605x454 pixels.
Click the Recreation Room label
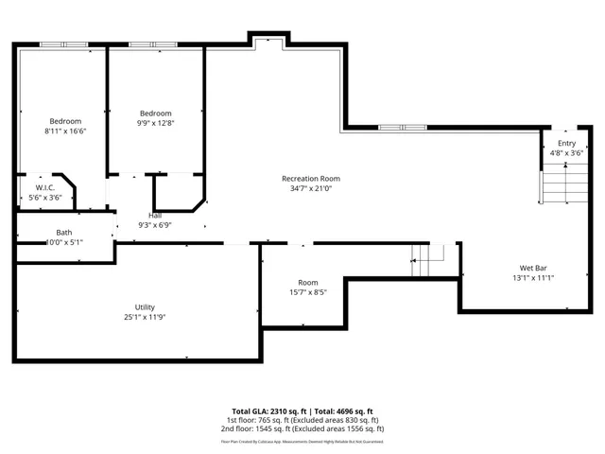click(x=310, y=178)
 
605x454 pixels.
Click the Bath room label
click(x=63, y=232)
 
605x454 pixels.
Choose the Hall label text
click(x=154, y=216)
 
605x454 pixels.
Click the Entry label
click(x=566, y=142)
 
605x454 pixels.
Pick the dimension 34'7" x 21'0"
click(x=310, y=187)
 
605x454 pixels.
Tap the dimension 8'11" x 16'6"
click(x=65, y=131)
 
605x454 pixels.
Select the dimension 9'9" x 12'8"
click(x=155, y=122)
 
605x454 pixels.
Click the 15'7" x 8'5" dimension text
click(x=307, y=292)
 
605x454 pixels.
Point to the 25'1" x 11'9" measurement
click(x=144, y=317)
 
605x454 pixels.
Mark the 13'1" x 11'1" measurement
click(x=533, y=277)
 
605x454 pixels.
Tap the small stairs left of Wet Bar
click(x=427, y=259)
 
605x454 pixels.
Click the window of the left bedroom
click(x=64, y=44)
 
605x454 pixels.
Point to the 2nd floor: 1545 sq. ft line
click(x=302, y=428)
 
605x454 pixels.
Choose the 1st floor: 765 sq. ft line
click(x=302, y=420)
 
